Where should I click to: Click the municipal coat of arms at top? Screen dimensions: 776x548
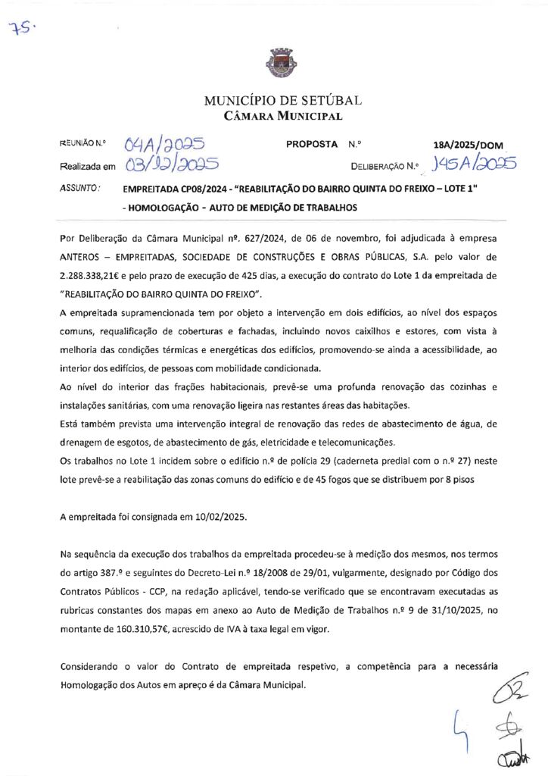tap(273, 63)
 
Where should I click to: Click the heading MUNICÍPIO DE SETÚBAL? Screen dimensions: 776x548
tap(282, 101)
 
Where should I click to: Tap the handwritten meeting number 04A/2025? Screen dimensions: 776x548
tap(164, 143)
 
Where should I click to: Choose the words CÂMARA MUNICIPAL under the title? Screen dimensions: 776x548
tap(282, 117)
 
